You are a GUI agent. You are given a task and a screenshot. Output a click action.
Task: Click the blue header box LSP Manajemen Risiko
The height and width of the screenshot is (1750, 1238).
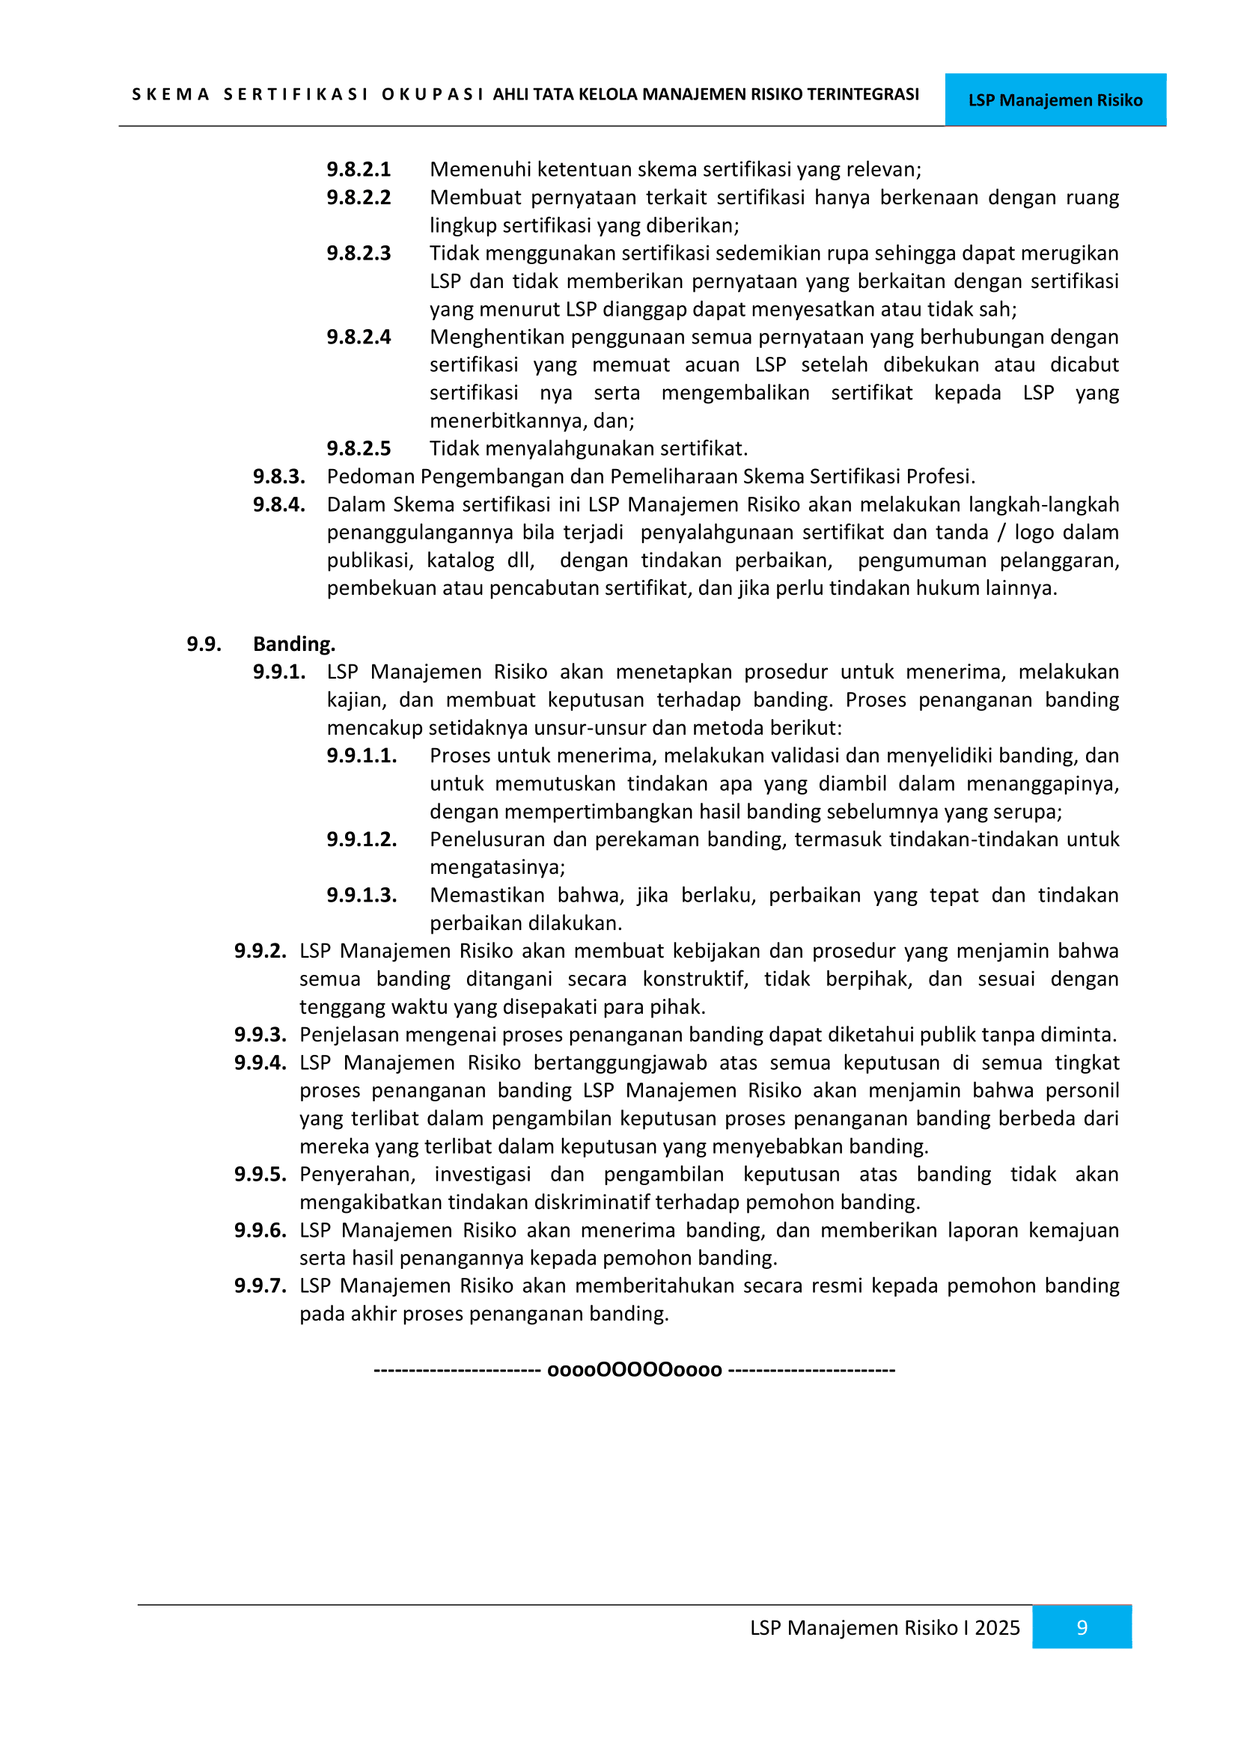coord(1055,100)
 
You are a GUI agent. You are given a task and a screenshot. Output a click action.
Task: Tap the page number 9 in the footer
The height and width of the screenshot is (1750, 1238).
coord(1081,1627)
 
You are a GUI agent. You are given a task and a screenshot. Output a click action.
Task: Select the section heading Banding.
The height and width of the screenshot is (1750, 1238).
coord(294,644)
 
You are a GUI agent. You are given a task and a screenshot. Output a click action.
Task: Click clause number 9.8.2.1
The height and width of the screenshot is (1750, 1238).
coord(359,169)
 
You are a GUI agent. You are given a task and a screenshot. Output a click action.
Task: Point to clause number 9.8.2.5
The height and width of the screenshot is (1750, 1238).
coord(359,448)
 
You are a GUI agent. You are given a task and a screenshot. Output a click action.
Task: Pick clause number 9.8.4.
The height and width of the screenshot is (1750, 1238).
coord(279,504)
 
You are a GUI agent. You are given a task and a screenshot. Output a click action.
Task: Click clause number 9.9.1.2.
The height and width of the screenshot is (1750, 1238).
coord(362,839)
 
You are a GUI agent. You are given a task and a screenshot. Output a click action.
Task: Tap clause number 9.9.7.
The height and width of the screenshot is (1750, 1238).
coord(260,1286)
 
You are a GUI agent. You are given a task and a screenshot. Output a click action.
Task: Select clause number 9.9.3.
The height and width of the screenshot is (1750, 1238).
coord(260,1034)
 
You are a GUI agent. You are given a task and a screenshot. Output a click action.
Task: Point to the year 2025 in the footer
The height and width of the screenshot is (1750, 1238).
coord(997,1627)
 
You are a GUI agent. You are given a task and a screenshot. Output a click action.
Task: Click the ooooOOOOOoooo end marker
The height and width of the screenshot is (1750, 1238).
coord(634,1370)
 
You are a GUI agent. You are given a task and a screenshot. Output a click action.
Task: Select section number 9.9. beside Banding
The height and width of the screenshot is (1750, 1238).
coord(204,644)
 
